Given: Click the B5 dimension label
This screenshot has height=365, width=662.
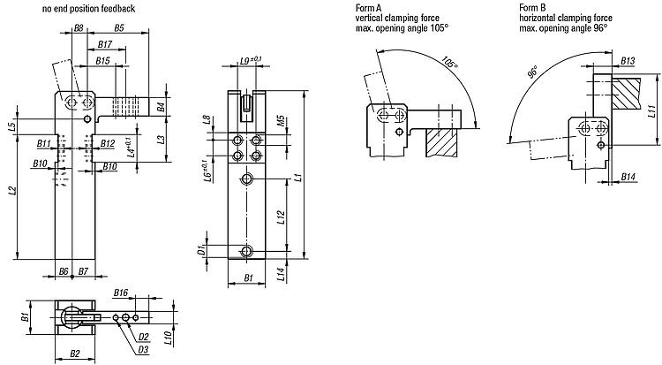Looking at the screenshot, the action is pyautogui.click(x=119, y=28).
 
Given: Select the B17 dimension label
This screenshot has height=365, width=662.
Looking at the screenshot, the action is pyautogui.click(x=105, y=44).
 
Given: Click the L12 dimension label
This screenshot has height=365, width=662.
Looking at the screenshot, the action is pyautogui.click(x=282, y=217).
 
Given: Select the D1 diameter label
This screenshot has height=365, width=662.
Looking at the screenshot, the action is pyautogui.click(x=202, y=250).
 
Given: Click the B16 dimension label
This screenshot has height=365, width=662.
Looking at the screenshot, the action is pyautogui.click(x=121, y=293).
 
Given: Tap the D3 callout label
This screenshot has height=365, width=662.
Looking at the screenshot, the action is pyautogui.click(x=144, y=349).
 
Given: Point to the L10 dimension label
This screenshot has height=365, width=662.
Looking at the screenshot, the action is pyautogui.click(x=168, y=338).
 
